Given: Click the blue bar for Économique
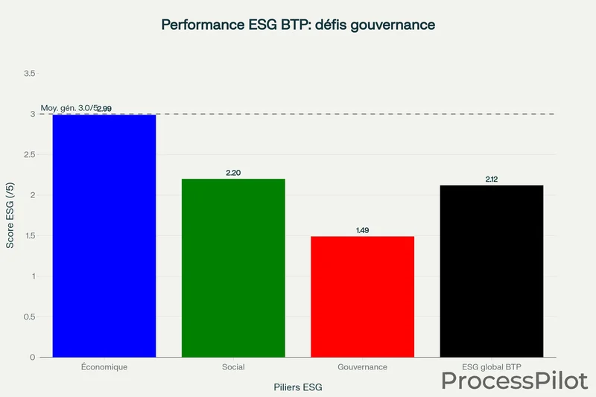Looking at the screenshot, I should click(x=104, y=235).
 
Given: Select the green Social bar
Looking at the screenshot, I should click(x=233, y=268).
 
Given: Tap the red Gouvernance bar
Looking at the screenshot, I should click(x=362, y=296).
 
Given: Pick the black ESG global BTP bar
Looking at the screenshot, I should click(x=491, y=271).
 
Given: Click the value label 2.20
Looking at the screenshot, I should click(x=233, y=173).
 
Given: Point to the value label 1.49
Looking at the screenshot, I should click(x=362, y=230).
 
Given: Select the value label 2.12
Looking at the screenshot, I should click(x=491, y=180).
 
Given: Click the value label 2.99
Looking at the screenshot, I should click(x=104, y=109).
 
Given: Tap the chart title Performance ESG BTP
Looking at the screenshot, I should click(x=298, y=25).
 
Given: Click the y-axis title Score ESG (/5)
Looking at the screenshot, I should click(x=11, y=215).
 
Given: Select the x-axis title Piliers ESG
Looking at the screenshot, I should click(x=298, y=387).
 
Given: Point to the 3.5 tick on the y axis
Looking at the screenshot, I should click(x=30, y=74).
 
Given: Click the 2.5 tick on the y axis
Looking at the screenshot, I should click(x=30, y=155).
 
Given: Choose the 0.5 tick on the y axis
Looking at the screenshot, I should click(x=30, y=317).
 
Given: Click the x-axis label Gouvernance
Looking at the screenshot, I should click(x=362, y=367).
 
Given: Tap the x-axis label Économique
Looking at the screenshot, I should click(x=104, y=367).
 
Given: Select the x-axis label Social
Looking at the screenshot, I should click(x=233, y=367).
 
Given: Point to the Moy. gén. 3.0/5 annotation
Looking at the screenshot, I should click(x=69, y=108).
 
